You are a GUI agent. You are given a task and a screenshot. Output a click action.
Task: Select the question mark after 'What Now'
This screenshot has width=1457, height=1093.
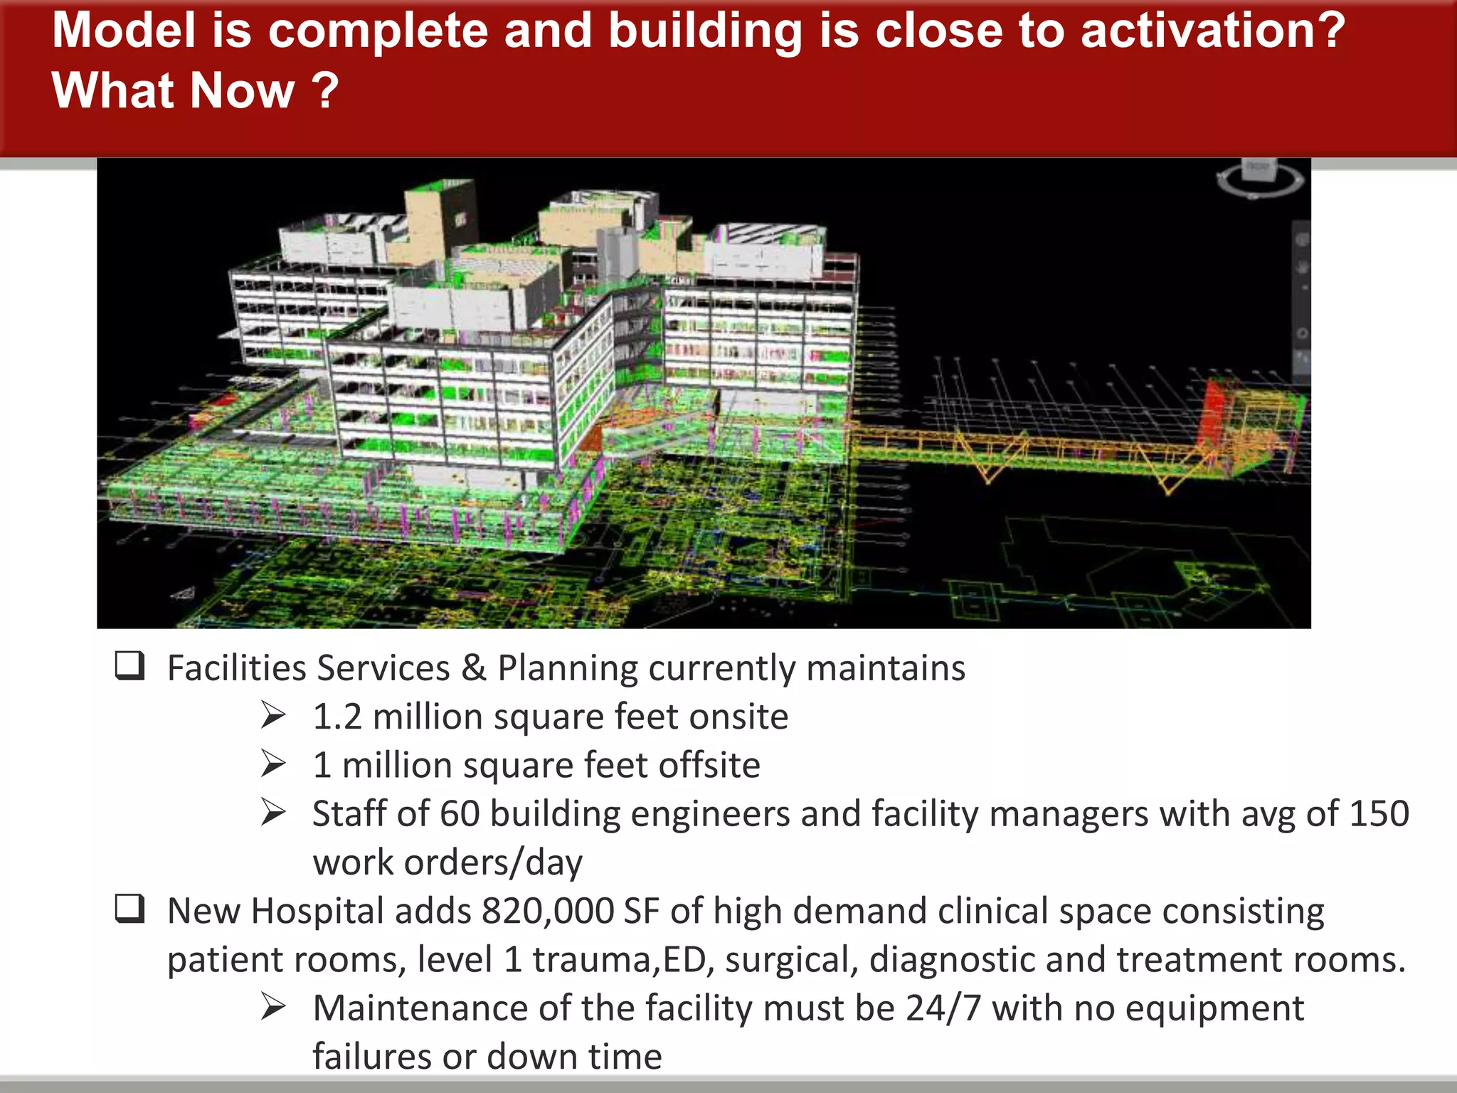click(326, 91)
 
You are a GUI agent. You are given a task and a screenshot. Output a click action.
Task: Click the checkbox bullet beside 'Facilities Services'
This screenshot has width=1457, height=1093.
click(129, 666)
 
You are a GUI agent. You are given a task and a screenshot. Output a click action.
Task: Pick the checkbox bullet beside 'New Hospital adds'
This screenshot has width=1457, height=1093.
click(129, 909)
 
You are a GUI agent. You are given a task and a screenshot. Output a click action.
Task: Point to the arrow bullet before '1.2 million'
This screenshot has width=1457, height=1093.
click(273, 715)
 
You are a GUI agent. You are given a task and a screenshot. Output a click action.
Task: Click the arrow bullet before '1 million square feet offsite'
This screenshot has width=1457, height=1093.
click(273, 764)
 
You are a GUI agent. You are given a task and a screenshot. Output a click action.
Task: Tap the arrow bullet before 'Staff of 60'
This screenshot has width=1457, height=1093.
click(273, 813)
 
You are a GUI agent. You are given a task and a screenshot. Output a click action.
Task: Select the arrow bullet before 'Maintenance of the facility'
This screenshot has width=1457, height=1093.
click(273, 1007)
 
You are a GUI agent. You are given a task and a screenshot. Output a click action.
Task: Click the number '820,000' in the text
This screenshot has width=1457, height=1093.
click(548, 911)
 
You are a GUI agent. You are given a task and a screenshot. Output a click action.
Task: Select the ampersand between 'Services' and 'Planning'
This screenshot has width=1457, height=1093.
click(474, 668)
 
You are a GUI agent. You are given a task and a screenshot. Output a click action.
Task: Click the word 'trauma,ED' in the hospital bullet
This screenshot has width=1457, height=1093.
click(623, 960)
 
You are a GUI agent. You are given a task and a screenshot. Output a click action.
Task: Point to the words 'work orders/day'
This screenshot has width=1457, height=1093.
click(447, 862)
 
